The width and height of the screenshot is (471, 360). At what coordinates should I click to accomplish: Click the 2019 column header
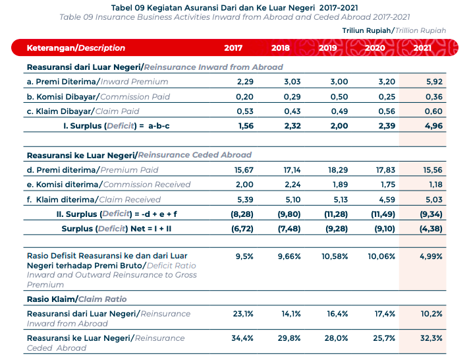coord(327,48)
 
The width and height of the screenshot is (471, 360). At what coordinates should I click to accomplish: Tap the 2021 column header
coord(422,48)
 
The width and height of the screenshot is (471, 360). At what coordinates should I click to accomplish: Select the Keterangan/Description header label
coord(76,48)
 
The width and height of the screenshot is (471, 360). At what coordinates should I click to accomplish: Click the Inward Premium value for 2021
coord(434,82)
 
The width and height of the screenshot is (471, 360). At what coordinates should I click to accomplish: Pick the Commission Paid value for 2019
coord(339,97)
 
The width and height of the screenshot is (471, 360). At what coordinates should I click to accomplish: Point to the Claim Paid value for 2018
coord(292,111)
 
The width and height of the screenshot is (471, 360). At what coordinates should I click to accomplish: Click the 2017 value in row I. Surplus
coord(246,126)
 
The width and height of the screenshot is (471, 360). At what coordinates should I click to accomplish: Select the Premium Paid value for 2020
coord(385,170)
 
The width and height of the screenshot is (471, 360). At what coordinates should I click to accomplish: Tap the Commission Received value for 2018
coord(292,185)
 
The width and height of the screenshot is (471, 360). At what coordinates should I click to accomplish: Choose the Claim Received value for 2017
coord(245,199)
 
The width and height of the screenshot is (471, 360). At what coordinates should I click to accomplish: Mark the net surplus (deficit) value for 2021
coord(431,229)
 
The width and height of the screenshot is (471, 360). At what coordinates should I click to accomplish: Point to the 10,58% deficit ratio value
coord(335,256)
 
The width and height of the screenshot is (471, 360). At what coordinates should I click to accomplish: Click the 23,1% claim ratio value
coord(243,314)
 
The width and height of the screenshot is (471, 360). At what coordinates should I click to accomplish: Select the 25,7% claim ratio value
coord(384,338)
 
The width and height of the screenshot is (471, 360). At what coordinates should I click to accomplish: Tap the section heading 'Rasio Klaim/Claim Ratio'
coord(76,299)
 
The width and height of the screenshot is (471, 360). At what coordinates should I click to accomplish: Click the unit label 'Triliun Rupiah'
coord(366,31)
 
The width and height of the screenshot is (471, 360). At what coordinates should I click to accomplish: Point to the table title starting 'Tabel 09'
coord(235,8)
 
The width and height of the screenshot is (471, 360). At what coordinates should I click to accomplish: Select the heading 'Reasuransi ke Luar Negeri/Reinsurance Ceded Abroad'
coord(139,155)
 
